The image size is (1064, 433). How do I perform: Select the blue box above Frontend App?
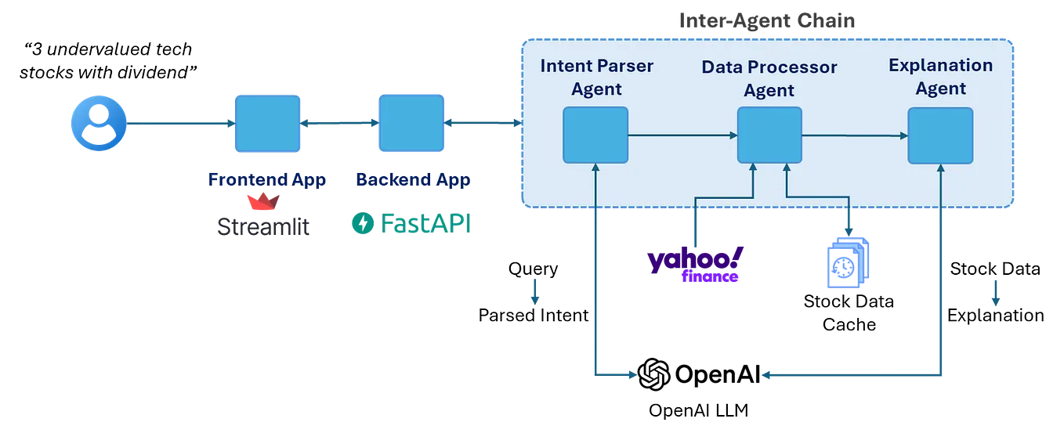tap(266, 122)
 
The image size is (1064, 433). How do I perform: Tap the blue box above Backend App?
tap(411, 122)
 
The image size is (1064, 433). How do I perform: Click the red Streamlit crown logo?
tap(263, 204)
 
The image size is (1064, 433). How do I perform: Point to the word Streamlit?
tap(263, 227)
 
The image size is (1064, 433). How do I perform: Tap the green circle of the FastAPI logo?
tap(361, 225)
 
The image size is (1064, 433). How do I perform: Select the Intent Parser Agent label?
tap(596, 77)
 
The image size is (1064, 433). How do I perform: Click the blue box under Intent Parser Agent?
tap(595, 135)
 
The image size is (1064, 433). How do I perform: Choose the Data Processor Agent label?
tap(769, 78)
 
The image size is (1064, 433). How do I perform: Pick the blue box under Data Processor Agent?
tap(769, 135)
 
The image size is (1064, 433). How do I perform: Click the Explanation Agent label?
tap(940, 77)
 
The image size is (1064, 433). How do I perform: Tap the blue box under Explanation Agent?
tap(940, 135)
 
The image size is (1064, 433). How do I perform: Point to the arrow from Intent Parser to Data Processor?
tap(682, 135)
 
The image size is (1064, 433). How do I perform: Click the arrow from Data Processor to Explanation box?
tap(854, 135)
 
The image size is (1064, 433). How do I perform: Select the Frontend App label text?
tap(266, 180)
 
